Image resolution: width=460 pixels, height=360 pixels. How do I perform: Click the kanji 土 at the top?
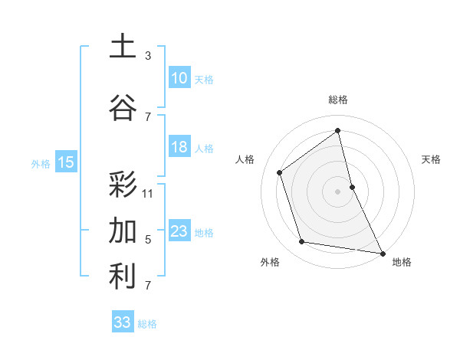click(123, 47)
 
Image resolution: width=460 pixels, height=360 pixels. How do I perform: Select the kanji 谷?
click(123, 107)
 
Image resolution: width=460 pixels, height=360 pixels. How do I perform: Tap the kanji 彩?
click(123, 184)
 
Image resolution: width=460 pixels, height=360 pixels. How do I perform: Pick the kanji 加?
click(123, 230)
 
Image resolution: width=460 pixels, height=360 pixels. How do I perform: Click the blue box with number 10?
click(179, 78)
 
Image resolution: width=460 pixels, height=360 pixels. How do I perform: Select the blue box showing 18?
click(179, 147)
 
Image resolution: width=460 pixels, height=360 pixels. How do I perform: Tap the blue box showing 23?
click(179, 231)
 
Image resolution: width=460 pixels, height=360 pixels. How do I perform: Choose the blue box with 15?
click(65, 162)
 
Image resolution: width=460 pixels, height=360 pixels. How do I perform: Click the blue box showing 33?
click(122, 322)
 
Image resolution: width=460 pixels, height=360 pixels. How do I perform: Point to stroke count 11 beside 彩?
click(148, 194)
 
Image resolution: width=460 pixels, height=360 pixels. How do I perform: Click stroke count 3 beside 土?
click(148, 56)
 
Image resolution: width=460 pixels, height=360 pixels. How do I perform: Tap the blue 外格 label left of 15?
click(41, 163)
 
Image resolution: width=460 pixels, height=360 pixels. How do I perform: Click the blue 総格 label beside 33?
click(147, 324)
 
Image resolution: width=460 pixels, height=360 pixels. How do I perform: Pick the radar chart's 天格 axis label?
click(432, 159)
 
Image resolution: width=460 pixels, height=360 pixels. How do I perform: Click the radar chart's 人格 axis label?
click(245, 159)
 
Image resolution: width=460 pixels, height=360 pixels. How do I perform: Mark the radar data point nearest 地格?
click(382, 252)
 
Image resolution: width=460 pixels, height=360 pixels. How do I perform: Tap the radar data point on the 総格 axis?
click(337, 131)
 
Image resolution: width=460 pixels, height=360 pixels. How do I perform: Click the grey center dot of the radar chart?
click(337, 191)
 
